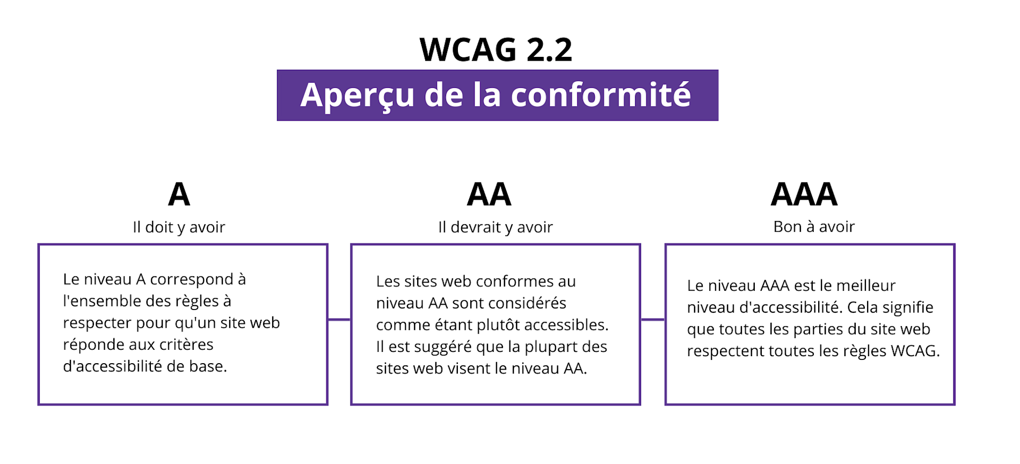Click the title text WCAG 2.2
(496, 49)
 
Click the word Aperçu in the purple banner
(358, 95)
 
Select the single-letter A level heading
(179, 194)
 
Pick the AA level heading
(489, 194)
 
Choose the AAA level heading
(804, 194)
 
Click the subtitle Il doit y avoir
(179, 227)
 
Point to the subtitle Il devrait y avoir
(496, 227)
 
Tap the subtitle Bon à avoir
(814, 226)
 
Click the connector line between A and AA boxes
(339, 320)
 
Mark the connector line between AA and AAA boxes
(653, 320)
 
